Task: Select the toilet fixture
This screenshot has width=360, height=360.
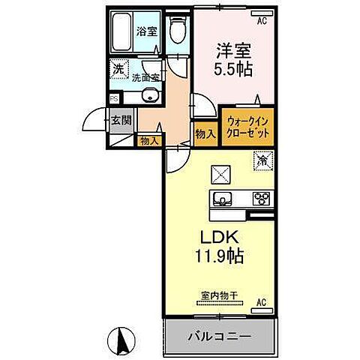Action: [x=178, y=32]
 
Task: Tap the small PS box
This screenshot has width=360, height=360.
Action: [x=114, y=97]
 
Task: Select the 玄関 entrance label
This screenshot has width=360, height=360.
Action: [x=121, y=119]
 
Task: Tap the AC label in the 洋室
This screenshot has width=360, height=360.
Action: [x=262, y=22]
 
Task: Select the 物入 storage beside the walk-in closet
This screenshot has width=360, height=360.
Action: [x=206, y=133]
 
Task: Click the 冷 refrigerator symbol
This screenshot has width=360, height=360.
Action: [x=262, y=160]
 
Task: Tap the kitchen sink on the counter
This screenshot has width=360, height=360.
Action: [x=223, y=199]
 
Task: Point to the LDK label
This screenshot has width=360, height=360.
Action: [x=217, y=241]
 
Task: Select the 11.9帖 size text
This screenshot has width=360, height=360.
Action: [x=219, y=259]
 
